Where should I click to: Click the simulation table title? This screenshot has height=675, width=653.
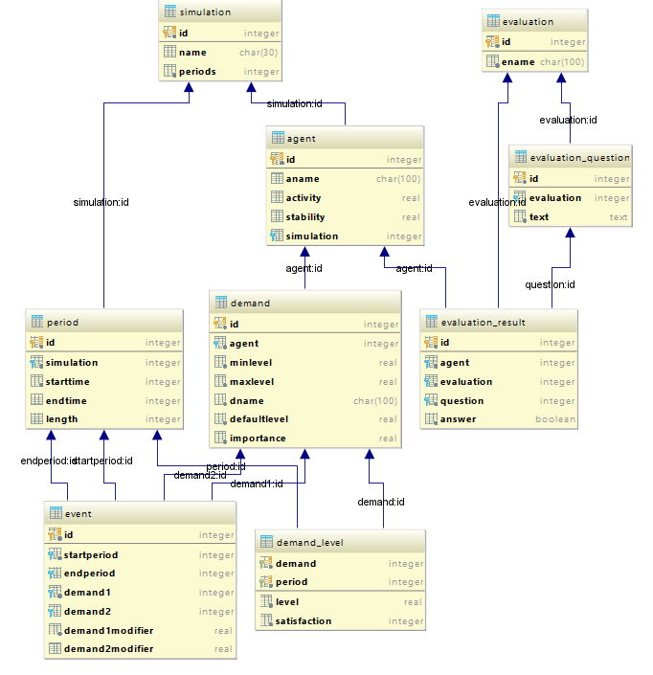[x=205, y=11]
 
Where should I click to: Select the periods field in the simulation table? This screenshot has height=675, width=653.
[x=197, y=72]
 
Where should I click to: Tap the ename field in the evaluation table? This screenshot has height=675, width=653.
[x=516, y=62]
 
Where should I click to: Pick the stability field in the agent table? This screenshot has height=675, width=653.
[x=305, y=217]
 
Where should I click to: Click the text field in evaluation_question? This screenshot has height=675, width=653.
[x=540, y=217]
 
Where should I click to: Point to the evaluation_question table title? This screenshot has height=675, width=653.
[x=579, y=158]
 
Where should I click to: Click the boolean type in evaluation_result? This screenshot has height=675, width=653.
[x=555, y=419]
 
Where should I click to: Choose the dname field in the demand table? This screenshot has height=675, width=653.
[x=246, y=400]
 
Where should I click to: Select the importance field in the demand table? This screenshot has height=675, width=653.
[x=258, y=439]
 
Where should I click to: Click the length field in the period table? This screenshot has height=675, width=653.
[x=62, y=419]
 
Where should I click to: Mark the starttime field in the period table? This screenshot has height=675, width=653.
[x=69, y=382]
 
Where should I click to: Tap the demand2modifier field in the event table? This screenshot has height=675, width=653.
[x=109, y=649]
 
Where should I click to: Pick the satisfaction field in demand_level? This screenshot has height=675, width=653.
[x=304, y=620]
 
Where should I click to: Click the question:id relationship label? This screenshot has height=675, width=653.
[x=550, y=284]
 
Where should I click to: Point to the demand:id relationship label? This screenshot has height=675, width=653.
[x=381, y=501]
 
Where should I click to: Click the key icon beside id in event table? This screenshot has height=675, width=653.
[x=54, y=535]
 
